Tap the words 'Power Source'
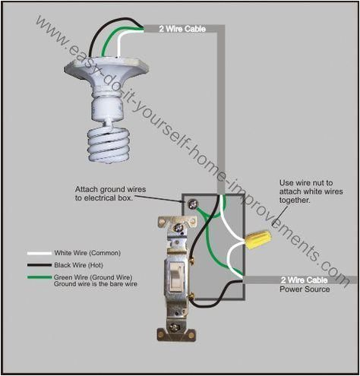303,289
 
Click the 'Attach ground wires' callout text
110,193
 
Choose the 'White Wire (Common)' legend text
87,253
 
